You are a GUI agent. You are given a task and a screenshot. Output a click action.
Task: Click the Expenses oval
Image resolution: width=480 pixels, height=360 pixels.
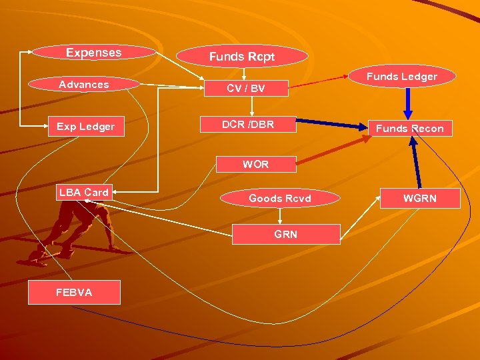tap(93, 52)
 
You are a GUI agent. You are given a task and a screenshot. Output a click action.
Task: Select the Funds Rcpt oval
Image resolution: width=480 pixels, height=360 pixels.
tap(241, 57)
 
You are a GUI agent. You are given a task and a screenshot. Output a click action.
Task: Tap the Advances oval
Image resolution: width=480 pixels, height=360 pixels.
tap(84, 85)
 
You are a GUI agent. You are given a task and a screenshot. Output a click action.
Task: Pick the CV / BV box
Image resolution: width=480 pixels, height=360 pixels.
tap(246, 88)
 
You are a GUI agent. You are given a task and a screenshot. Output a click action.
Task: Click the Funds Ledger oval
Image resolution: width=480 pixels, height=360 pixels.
tap(402, 77)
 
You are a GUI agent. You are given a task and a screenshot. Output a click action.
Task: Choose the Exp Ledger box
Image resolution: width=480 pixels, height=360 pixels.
tap(86, 127)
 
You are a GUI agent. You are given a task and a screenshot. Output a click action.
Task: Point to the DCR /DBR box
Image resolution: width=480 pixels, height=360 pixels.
tap(248, 125)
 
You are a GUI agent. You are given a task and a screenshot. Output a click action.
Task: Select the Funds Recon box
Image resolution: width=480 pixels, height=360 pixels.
tap(409, 128)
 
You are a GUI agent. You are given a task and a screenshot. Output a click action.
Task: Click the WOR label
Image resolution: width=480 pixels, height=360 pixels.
tap(255, 164)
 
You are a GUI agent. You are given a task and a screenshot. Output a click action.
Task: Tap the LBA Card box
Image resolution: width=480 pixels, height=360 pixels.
tap(84, 192)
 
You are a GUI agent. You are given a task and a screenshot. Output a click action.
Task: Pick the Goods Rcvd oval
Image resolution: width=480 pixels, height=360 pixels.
tap(279, 198)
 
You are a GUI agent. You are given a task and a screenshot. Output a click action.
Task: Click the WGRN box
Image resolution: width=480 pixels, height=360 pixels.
tap(419, 198)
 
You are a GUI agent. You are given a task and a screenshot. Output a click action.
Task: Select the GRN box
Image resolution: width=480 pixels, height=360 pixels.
tap(285, 234)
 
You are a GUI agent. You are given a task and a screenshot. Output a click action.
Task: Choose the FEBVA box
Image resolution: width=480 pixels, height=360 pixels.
tap(74, 292)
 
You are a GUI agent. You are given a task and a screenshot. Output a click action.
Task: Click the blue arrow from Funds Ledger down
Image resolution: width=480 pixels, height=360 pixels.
tap(407, 104)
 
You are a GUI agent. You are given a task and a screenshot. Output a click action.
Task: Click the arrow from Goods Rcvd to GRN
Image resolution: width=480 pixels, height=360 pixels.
tap(280, 215)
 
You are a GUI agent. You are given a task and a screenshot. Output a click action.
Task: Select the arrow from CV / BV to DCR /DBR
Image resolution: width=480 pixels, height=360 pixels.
tap(251, 106)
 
